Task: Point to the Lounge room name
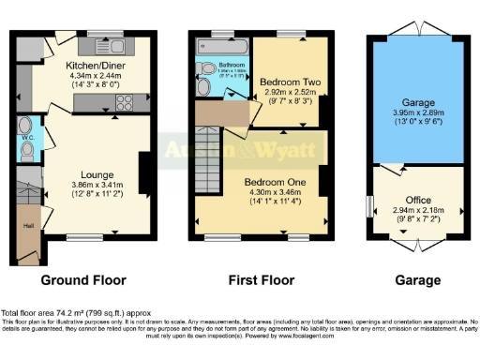pos(97,174)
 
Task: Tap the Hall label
pos(28,226)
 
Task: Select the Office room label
pos(418,201)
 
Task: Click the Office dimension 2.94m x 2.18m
pos(418,213)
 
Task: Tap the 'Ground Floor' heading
pos(83,280)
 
